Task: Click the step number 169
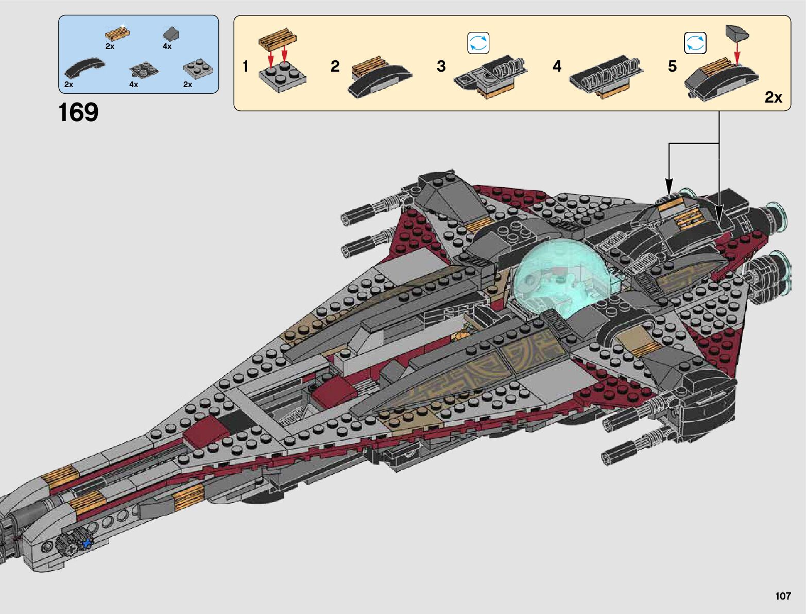[x=78, y=112]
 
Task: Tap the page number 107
[x=782, y=596]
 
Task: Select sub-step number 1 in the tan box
[x=246, y=67]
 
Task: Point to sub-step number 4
[x=557, y=67]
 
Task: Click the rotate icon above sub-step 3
[x=478, y=43]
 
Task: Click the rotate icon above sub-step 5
[x=695, y=43]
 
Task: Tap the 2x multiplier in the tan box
[x=773, y=97]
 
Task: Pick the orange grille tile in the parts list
[x=117, y=34]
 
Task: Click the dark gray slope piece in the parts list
[x=171, y=34]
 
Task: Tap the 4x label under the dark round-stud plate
[x=134, y=85]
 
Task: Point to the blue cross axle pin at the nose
[x=87, y=543]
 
